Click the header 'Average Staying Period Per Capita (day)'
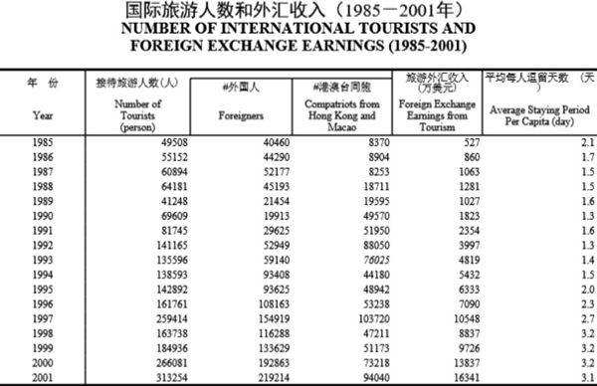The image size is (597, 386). tap(538, 115)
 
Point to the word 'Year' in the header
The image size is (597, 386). tap(42, 115)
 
